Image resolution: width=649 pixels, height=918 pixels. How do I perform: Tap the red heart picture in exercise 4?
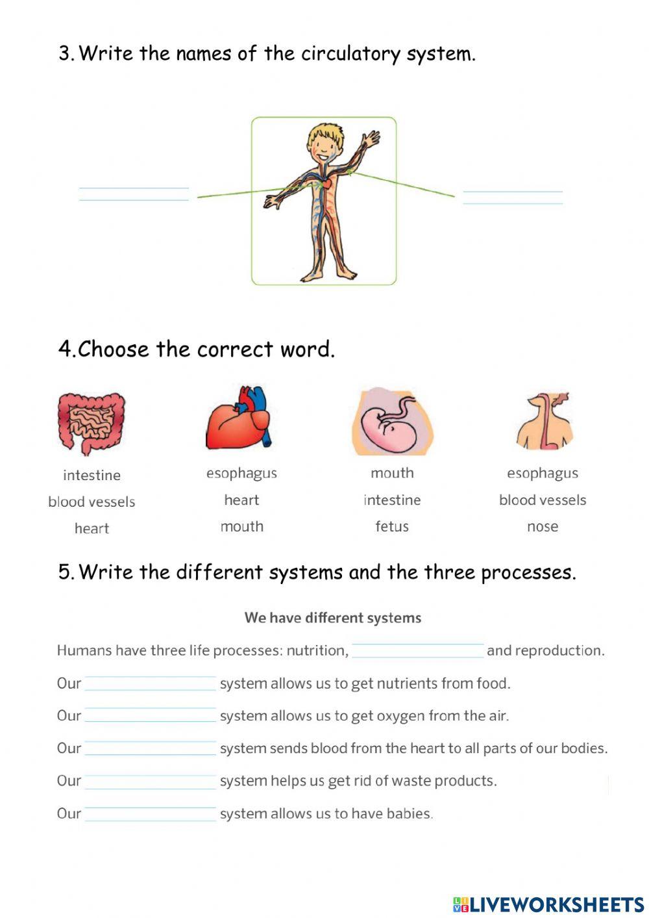pos(241,419)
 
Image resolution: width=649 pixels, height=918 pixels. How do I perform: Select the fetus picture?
pos(392,422)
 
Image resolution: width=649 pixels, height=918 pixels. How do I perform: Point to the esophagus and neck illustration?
pos(544,421)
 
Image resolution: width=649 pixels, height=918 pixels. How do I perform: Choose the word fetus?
pos(392,526)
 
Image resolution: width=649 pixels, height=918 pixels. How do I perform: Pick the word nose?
pos(543,526)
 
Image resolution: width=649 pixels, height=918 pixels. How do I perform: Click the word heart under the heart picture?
pos(241,500)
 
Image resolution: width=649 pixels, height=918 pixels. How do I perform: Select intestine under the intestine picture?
pos(92,475)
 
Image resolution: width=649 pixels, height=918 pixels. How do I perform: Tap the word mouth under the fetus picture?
pos(392,473)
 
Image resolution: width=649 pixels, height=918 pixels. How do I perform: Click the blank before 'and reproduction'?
pos(417,650)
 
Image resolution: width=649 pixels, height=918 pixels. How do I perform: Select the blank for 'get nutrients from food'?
pos(150,683)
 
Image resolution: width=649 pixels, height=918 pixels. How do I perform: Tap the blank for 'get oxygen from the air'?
pos(150,715)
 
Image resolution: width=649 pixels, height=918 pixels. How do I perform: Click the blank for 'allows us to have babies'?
pos(150,813)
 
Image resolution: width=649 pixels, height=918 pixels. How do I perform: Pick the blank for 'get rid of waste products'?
pos(150,780)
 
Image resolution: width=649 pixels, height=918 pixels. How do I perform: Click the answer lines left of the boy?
pos(134,194)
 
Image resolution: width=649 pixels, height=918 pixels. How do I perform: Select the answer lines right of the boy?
pos(513,197)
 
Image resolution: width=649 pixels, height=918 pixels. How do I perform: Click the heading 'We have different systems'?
pos(333,618)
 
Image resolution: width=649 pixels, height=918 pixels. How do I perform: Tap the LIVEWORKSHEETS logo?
pos(548,904)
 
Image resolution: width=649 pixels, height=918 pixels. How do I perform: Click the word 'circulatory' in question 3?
pos(351,53)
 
